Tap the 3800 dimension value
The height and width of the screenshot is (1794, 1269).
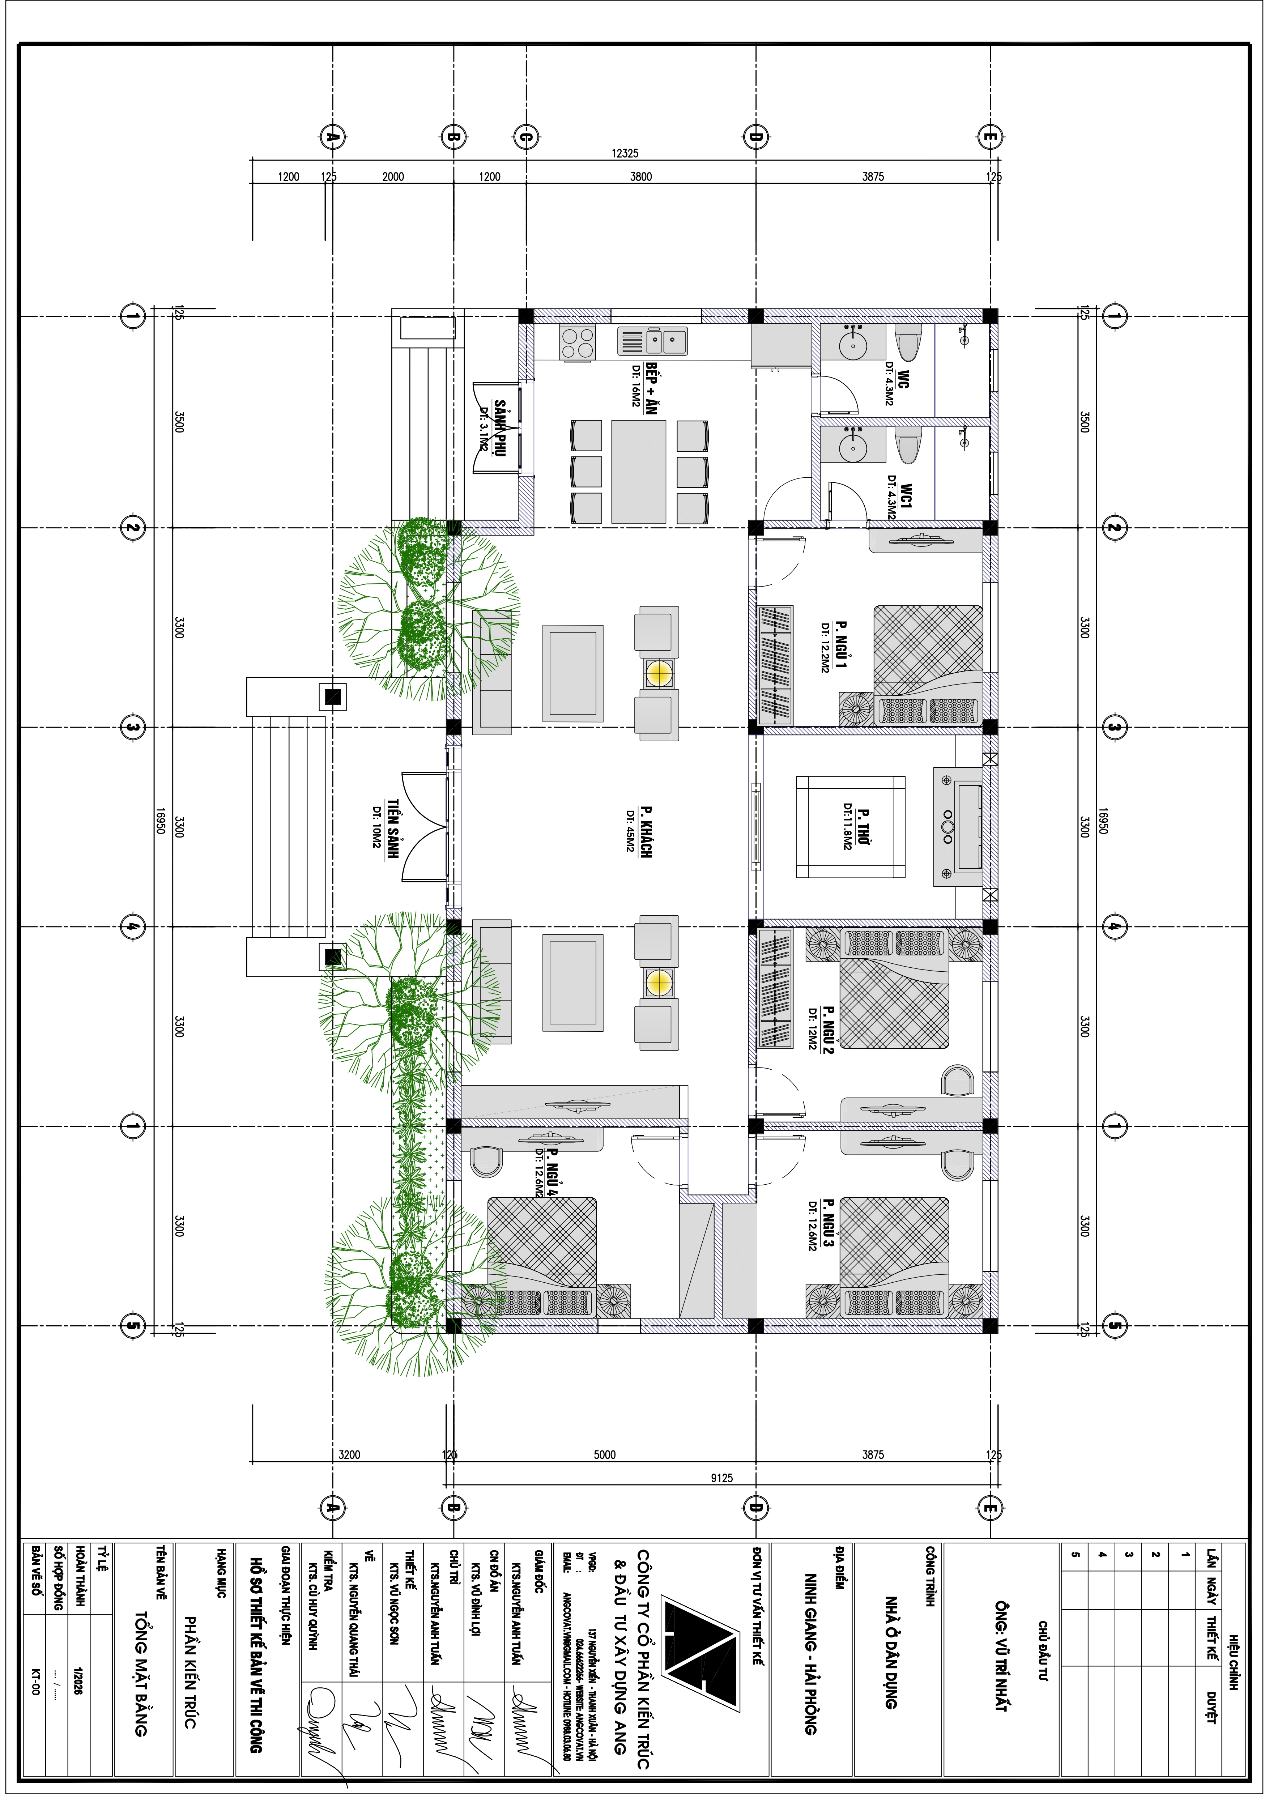point(641,176)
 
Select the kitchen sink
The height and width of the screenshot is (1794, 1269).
point(652,341)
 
